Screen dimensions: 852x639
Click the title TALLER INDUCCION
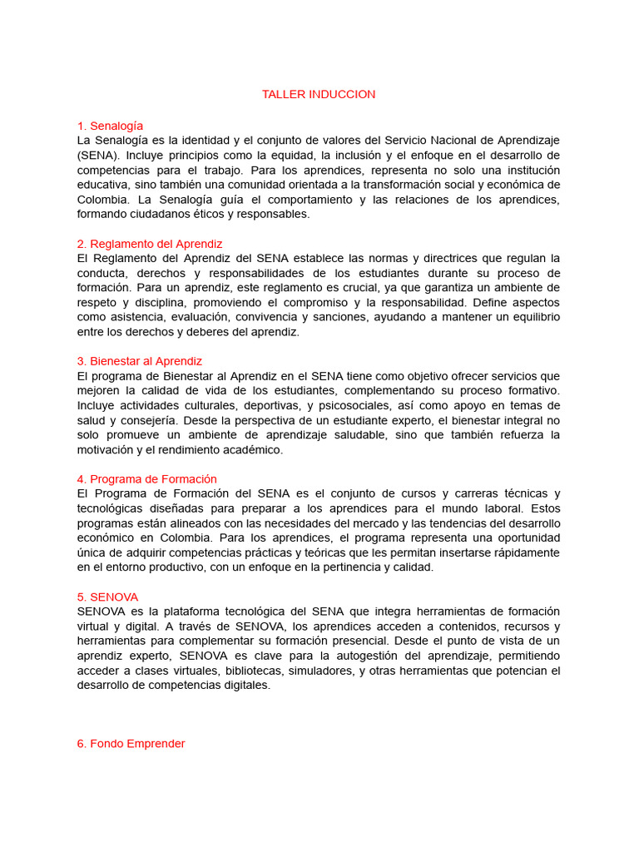point(319,94)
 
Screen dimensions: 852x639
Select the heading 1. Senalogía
point(110,126)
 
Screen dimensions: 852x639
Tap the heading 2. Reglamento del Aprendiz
point(150,244)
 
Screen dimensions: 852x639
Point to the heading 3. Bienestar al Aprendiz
point(140,361)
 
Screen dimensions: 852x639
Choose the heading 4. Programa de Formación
point(146,479)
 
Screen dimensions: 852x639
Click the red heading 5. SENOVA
point(107,597)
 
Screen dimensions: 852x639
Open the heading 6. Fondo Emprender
point(131,743)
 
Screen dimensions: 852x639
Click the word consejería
point(146,420)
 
